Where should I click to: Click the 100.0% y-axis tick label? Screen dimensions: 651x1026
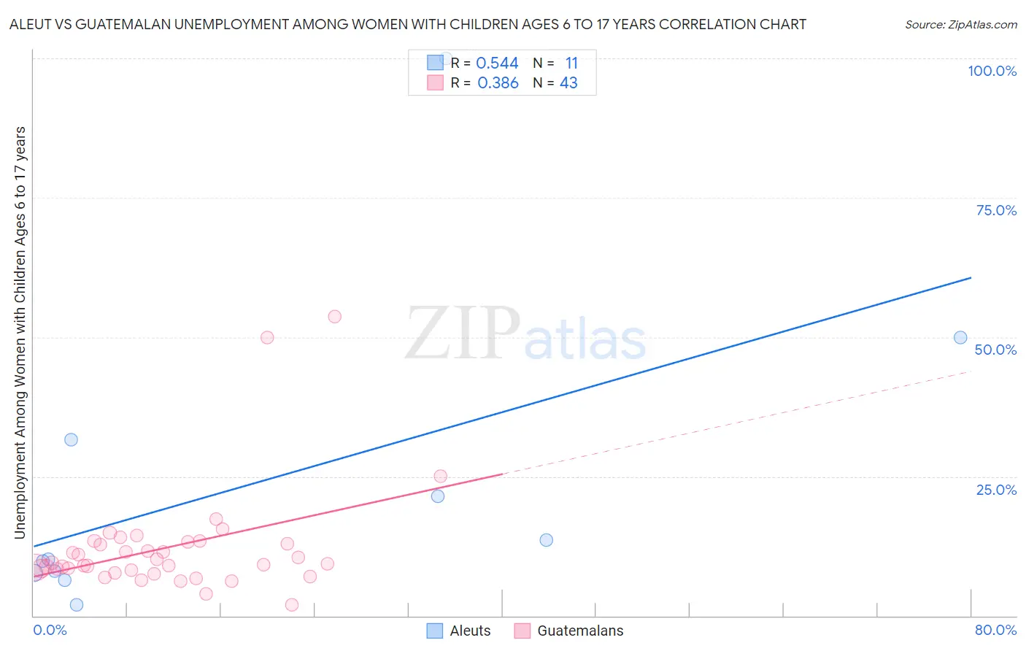click(992, 71)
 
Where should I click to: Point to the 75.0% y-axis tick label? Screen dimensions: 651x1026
click(996, 210)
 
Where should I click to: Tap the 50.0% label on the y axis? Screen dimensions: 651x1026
click(995, 350)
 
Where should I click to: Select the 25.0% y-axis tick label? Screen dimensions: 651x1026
click(996, 489)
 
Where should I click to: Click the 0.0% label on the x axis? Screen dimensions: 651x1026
click(50, 630)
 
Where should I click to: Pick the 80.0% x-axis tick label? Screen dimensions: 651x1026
click(995, 630)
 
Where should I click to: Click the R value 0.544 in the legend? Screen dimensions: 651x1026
click(497, 63)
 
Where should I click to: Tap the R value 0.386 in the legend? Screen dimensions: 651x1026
click(498, 83)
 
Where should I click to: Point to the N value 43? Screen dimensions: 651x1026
click(568, 83)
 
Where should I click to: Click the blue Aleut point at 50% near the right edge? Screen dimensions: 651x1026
click(960, 337)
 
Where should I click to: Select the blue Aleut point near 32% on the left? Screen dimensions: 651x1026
click(71, 439)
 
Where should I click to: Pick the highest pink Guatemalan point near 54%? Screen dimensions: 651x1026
click(334, 316)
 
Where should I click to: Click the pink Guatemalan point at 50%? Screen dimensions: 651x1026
click(267, 337)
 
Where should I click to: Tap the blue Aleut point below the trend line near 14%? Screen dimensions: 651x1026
click(546, 540)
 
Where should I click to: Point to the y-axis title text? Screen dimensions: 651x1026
click(20, 332)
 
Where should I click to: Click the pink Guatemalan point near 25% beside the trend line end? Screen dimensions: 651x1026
click(440, 476)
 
